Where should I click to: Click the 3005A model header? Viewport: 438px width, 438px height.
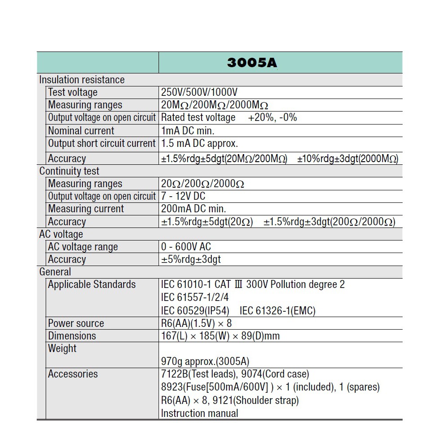pyautogui.click(x=252, y=62)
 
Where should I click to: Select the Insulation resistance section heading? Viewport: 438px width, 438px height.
pyautogui.click(x=82, y=80)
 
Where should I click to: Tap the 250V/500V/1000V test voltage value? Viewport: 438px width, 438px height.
pyautogui.click(x=199, y=92)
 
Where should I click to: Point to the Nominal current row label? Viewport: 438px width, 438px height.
pyautogui.click(x=81, y=131)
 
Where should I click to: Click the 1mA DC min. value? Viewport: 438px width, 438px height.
pyautogui.click(x=188, y=131)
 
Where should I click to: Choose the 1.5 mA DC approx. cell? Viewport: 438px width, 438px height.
pyautogui.click(x=199, y=143)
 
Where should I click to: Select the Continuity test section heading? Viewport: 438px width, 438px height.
pyautogui.click(x=69, y=171)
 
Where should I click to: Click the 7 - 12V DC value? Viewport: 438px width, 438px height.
pyautogui.click(x=183, y=196)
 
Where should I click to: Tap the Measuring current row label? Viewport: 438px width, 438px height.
pyautogui.click(x=86, y=209)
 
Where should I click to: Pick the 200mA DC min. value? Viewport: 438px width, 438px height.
pyautogui.click(x=193, y=209)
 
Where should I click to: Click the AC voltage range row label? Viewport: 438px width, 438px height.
pyautogui.click(x=83, y=247)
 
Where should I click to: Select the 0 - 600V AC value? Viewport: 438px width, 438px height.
pyautogui.click(x=186, y=247)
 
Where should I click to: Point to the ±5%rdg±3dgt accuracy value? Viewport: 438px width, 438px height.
pyautogui.click(x=191, y=259)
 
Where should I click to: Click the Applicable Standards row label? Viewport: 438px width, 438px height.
pyautogui.click(x=92, y=284)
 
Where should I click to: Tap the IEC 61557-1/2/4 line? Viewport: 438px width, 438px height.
pyautogui.click(x=195, y=297)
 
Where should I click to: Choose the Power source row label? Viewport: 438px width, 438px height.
pyautogui.click(x=76, y=323)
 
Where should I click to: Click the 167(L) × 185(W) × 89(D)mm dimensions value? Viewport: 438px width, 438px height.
pyautogui.click(x=220, y=336)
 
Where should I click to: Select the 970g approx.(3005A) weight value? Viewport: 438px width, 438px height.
pyautogui.click(x=205, y=361)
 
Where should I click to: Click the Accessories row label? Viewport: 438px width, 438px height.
pyautogui.click(x=73, y=374)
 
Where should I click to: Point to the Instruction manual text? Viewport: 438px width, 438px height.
pyautogui.click(x=199, y=413)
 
